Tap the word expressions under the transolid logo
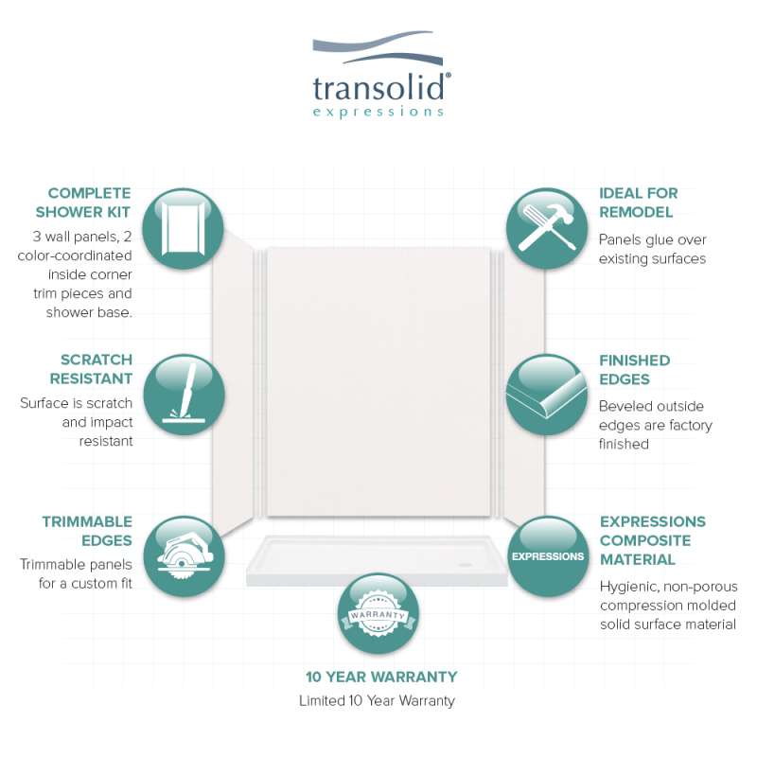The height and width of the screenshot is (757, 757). [x=378, y=112]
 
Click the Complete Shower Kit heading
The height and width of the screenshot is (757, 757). [x=83, y=202]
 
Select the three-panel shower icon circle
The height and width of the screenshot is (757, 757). [x=183, y=228]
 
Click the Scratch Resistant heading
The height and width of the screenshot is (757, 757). [x=91, y=369]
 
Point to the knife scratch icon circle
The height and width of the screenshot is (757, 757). [x=184, y=395]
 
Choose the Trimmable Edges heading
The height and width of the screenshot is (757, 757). [x=87, y=531]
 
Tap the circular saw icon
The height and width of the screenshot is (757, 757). [x=184, y=556]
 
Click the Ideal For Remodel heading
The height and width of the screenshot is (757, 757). [x=638, y=202]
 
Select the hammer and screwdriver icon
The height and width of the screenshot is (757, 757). [x=547, y=228]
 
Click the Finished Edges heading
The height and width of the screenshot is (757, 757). [x=634, y=369]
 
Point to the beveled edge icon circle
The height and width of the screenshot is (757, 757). [x=547, y=395]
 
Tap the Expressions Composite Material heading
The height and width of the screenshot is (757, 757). [x=653, y=540]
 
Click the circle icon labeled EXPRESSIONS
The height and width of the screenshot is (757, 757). [x=548, y=556]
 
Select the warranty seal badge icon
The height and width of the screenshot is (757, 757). [x=378, y=613]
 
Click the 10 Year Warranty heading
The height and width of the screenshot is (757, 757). [x=381, y=677]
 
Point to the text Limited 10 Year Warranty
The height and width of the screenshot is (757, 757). [x=377, y=700]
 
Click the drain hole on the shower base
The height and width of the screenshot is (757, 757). [x=467, y=563]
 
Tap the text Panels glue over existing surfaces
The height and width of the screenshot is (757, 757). [x=652, y=249]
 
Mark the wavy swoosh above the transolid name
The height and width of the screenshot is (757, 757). [x=378, y=48]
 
